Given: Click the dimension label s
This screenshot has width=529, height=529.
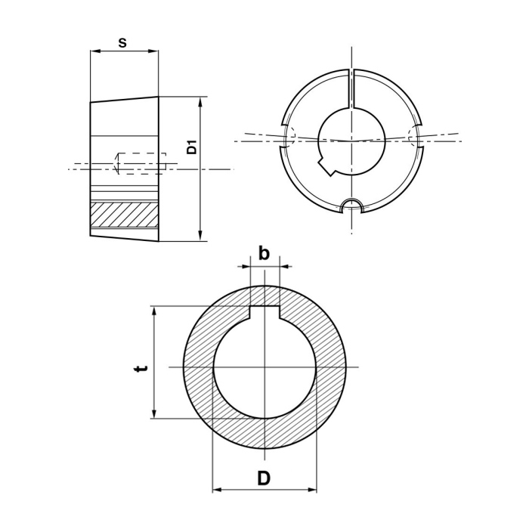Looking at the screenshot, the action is (122, 42).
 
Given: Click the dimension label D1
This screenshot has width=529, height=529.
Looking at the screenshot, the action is (191, 149).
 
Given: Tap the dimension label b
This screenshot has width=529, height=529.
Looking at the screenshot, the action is (264, 253).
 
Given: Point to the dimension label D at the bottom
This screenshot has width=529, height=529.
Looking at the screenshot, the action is (264, 478).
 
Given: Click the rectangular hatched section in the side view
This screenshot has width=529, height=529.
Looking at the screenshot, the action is (124, 215).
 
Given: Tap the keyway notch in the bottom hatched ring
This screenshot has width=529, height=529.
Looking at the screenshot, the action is (264, 312).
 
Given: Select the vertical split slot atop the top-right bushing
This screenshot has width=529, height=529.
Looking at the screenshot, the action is (351, 88).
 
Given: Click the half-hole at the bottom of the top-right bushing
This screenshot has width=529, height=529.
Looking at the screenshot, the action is (351, 206).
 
